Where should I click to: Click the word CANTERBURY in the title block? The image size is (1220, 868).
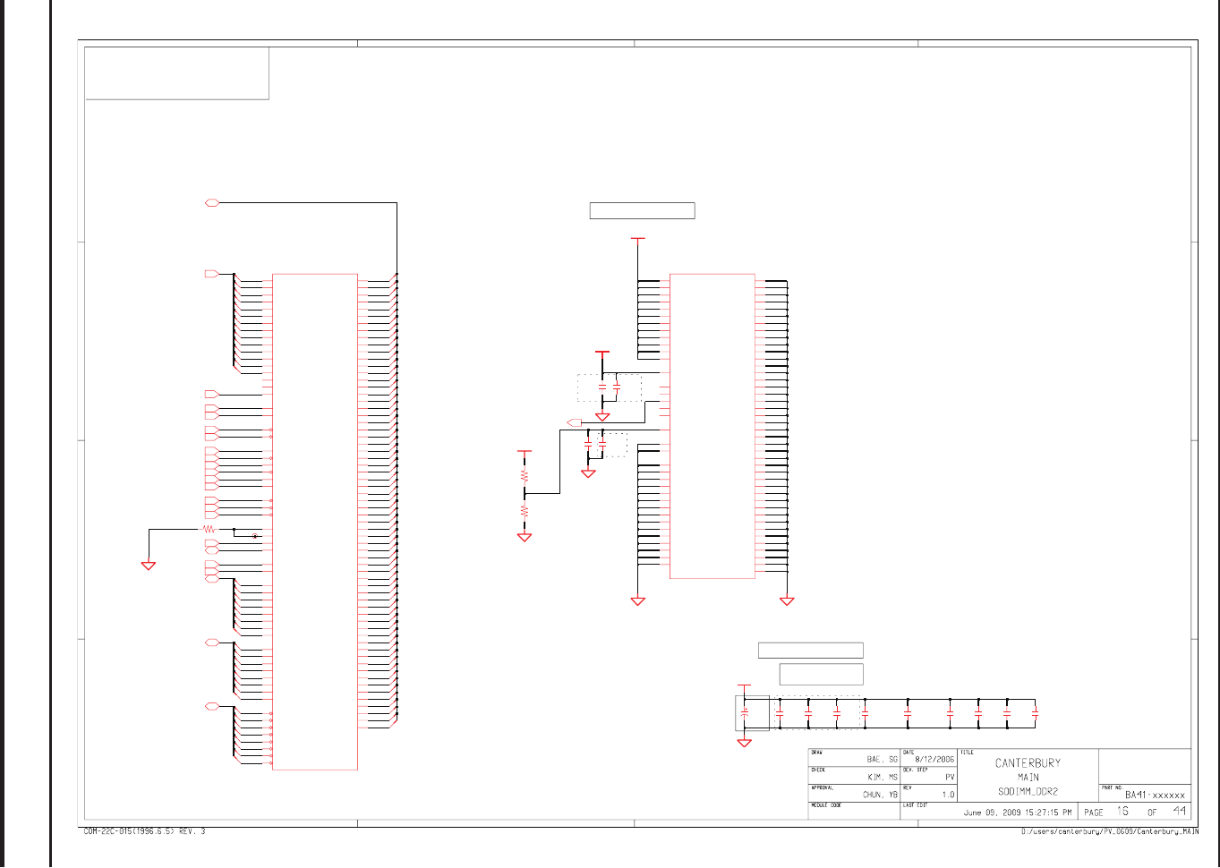pos(1028,763)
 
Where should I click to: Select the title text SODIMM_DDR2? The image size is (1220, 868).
pos(1028,792)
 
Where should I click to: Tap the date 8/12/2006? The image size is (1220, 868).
pos(934,759)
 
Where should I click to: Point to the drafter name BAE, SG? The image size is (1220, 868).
pos(882,759)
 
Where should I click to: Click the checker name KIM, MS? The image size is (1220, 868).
pos(882,778)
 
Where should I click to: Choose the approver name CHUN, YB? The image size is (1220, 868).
pos(880,795)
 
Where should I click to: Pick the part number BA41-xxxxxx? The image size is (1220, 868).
pos(1155,795)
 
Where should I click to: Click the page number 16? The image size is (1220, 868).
pos(1122,812)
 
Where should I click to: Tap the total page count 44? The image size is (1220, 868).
pos(1180,812)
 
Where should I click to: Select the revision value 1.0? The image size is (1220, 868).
pos(948,795)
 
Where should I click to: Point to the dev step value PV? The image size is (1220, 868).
pos(950,778)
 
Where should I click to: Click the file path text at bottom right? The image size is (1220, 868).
pos(1110,832)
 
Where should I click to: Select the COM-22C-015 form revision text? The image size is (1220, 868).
pos(144,831)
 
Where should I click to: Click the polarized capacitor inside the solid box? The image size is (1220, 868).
pos(745,713)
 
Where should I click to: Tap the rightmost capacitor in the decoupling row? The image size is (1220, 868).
pos(1035,713)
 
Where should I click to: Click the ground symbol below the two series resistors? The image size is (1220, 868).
pos(525,538)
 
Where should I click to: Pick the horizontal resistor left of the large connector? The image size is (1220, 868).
pos(209,530)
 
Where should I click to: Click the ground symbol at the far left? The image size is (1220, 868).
pos(149,566)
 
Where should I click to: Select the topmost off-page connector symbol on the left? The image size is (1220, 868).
pos(212,203)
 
